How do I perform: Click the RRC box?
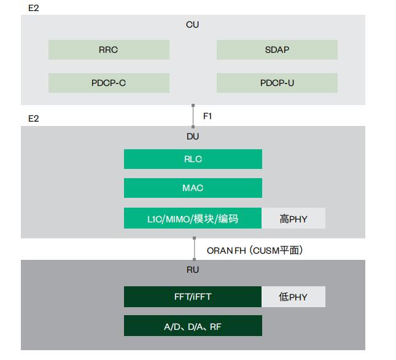click(x=109, y=50)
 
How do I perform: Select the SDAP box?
click(x=277, y=50)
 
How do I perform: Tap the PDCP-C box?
click(x=109, y=83)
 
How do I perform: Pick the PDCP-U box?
click(x=277, y=83)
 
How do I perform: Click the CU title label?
click(x=193, y=25)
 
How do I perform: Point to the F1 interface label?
click(x=208, y=115)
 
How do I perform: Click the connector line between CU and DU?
click(x=193, y=115)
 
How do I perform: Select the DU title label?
click(x=193, y=136)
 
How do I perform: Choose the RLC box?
click(x=193, y=159)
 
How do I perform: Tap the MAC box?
click(x=193, y=188)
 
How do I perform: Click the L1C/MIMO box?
click(x=193, y=218)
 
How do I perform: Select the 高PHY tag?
click(x=293, y=218)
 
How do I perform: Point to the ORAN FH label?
click(x=254, y=250)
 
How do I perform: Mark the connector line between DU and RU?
click(x=193, y=249)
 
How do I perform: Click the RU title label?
click(x=193, y=270)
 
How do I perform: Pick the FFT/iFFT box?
click(x=193, y=297)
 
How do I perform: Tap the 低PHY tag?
click(x=293, y=297)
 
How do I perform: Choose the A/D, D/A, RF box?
click(x=193, y=326)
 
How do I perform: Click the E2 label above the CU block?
click(x=33, y=8)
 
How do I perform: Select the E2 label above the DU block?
click(x=33, y=118)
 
